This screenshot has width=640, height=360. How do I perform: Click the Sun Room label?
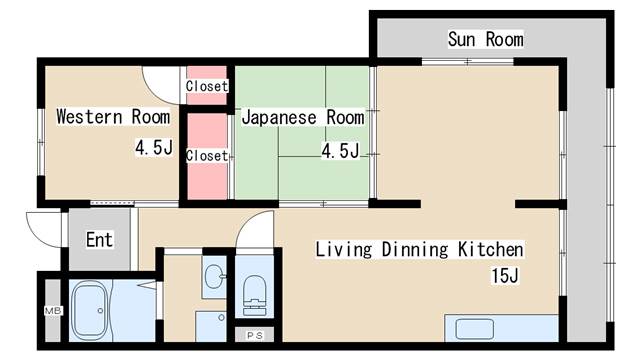(x=485, y=39)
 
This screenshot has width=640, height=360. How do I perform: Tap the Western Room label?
(x=113, y=117)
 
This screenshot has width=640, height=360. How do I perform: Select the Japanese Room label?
(x=303, y=118)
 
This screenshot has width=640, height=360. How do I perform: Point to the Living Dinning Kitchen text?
(x=419, y=249)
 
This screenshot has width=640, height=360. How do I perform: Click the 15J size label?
(x=505, y=276)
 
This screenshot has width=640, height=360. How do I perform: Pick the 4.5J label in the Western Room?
(x=154, y=147)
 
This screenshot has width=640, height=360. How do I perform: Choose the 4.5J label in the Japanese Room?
(x=340, y=151)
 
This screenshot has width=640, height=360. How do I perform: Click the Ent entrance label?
(x=99, y=240)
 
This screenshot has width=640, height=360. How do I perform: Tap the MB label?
(x=53, y=311)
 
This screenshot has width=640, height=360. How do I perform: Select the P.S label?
(x=255, y=336)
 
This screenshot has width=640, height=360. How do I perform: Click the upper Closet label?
(x=207, y=86)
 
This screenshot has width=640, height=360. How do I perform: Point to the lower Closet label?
(x=207, y=156)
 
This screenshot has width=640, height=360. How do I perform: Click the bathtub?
(x=90, y=311)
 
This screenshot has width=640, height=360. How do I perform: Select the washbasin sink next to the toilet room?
(x=214, y=274)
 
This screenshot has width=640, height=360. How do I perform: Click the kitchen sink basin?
(x=474, y=329)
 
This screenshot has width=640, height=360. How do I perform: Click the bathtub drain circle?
(x=100, y=311)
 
